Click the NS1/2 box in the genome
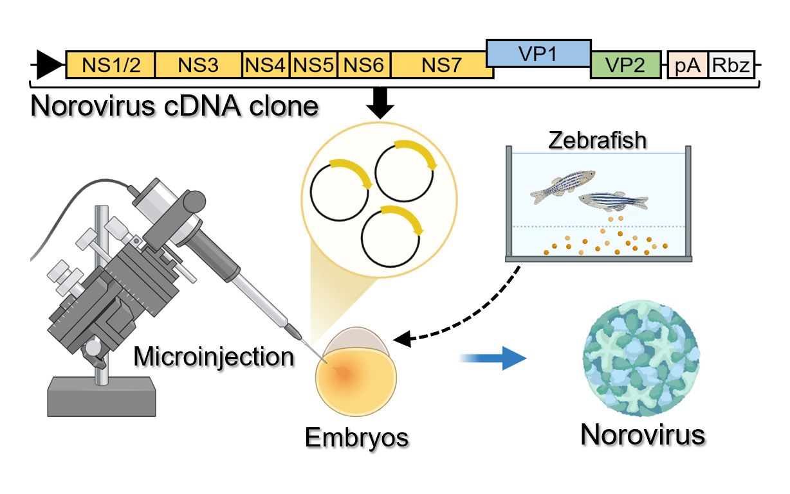point(110,65)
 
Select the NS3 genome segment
point(198,65)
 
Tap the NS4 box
point(266,65)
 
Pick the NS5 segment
point(313,65)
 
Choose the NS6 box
point(364,65)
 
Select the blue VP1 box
point(538,53)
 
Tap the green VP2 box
point(625,65)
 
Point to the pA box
point(688,65)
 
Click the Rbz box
point(731,65)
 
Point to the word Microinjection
point(213,355)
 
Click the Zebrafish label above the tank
point(597,140)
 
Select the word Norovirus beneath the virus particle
point(643,434)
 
